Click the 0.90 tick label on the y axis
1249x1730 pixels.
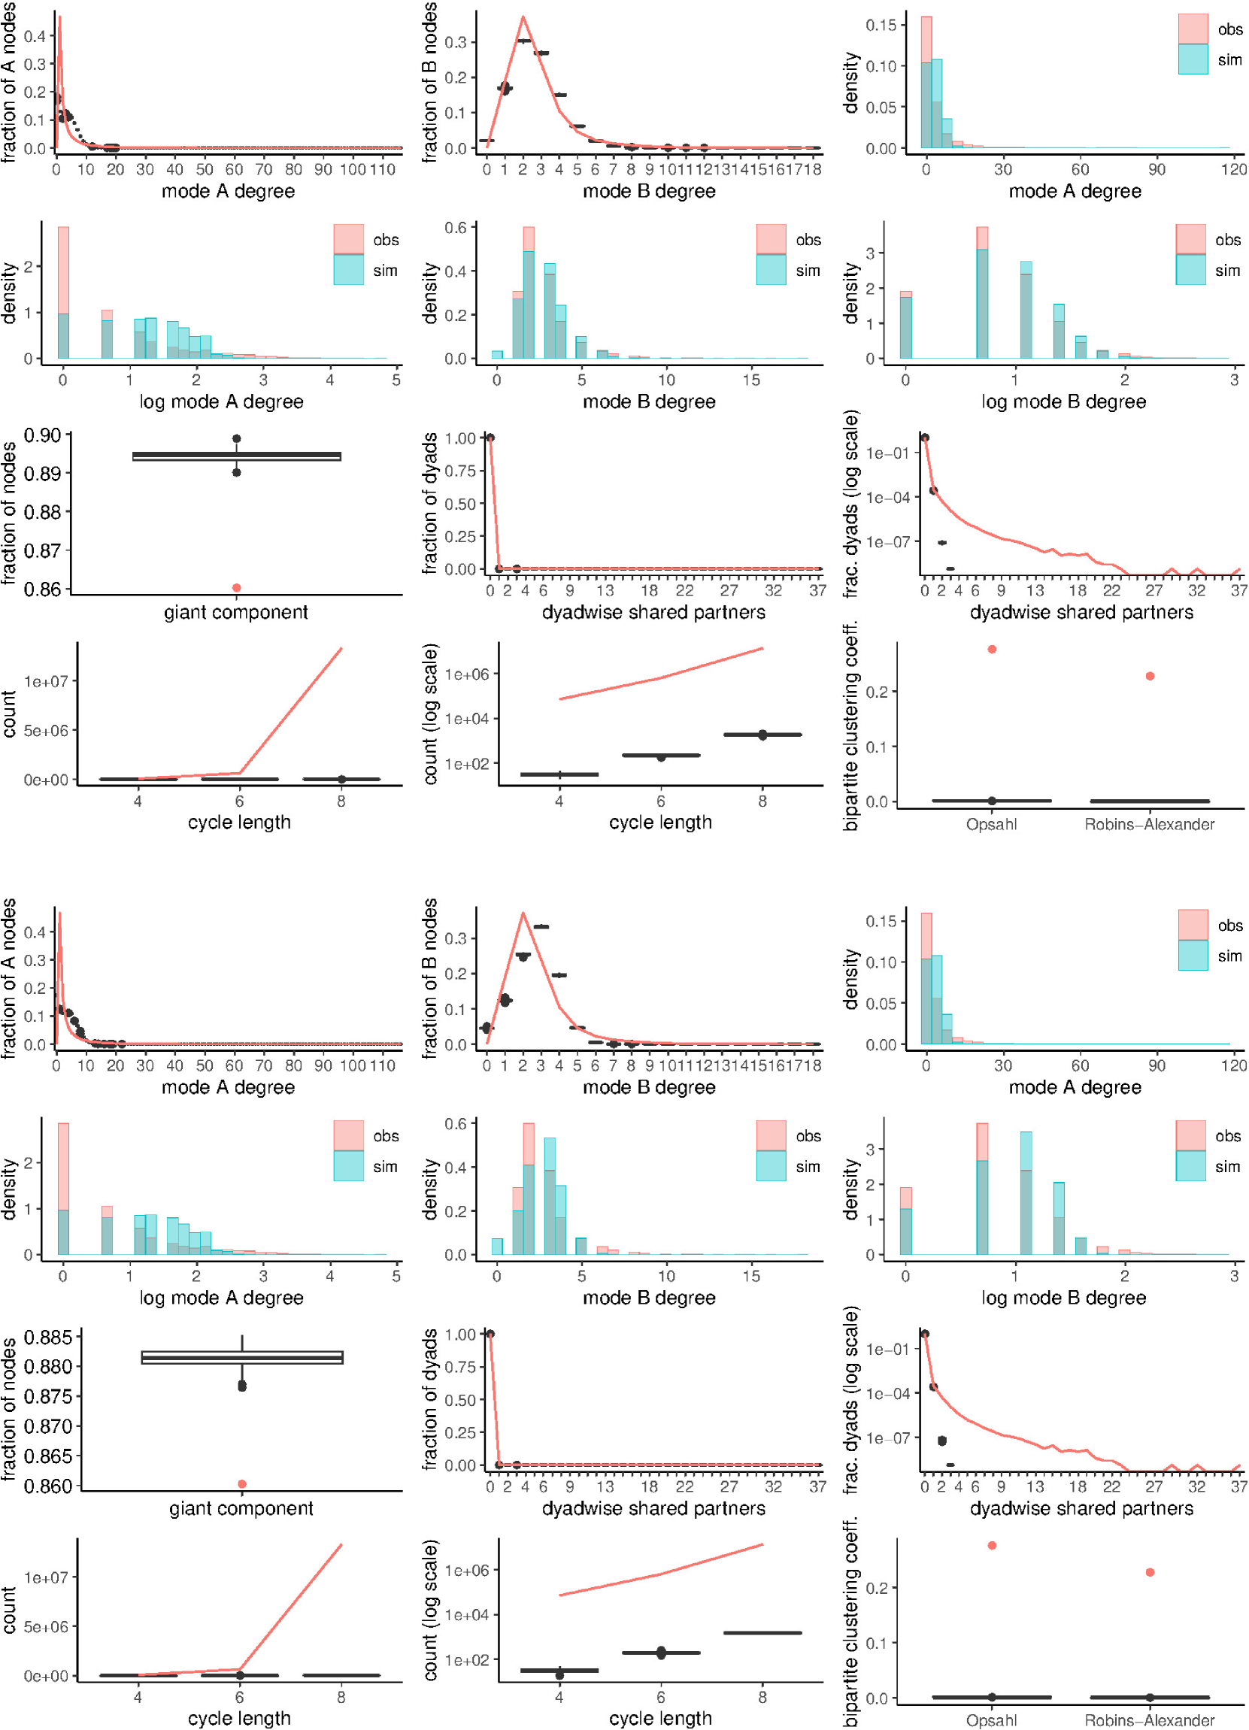coord(43,435)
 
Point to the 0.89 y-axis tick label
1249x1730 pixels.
coord(43,474)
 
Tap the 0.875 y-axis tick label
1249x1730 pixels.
coord(48,1396)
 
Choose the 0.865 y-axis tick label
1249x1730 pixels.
coord(48,1456)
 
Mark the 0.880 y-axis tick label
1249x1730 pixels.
coord(48,1366)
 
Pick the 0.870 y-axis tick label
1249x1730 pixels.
coord(48,1426)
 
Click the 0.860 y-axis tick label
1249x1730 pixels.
coord(48,1485)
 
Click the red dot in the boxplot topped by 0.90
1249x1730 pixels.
coord(237,587)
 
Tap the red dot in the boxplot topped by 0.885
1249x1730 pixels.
coord(242,1483)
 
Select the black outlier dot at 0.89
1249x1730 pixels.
coord(237,472)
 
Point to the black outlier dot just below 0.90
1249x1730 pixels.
coord(237,438)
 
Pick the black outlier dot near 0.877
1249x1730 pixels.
coord(242,1385)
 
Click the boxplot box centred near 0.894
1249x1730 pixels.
coord(237,456)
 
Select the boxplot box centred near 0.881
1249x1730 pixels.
coord(242,1358)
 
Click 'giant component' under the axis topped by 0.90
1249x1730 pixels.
coord(236,612)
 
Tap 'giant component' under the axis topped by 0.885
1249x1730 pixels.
coord(241,1508)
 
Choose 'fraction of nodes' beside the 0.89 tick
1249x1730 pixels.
coord(9,513)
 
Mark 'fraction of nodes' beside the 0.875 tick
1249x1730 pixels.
coord(9,1409)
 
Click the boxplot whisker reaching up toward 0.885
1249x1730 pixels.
coord(242,1343)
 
